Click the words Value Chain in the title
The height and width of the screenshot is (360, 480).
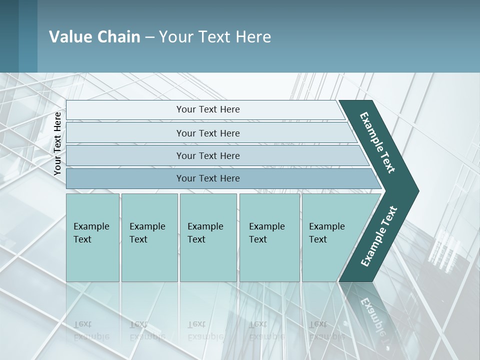click(x=94, y=37)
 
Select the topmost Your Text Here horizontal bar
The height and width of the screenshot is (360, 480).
click(x=208, y=109)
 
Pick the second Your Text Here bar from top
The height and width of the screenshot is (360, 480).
click(x=208, y=133)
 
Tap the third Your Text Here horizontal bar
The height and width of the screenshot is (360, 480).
click(x=208, y=155)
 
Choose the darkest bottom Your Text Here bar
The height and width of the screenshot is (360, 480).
click(x=208, y=178)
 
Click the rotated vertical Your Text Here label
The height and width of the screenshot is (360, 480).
click(x=57, y=144)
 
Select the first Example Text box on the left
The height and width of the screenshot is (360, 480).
click(x=92, y=237)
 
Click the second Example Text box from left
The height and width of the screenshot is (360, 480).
click(x=149, y=237)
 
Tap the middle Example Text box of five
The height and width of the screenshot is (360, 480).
click(x=208, y=237)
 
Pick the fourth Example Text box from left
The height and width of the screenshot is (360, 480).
click(x=269, y=237)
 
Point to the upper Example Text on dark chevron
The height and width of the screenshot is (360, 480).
click(x=378, y=142)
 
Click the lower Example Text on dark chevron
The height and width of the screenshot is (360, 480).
click(x=379, y=236)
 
